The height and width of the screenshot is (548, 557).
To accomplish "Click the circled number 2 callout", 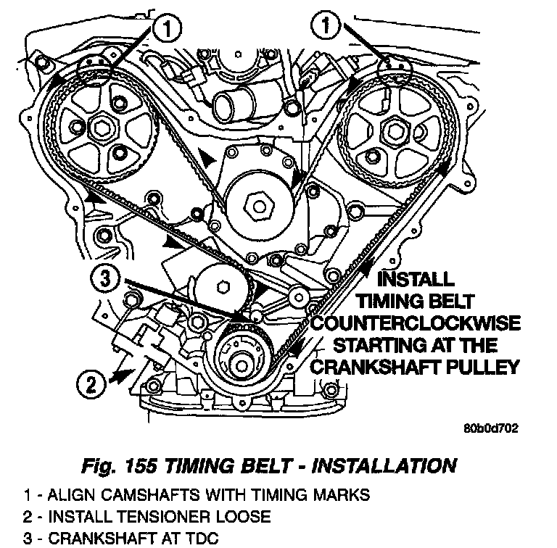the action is click(91, 384).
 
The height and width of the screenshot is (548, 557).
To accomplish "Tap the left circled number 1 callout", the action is click(167, 28).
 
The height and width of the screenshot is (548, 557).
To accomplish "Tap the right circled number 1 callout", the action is click(326, 25).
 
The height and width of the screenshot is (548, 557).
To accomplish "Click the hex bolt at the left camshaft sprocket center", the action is click(103, 128).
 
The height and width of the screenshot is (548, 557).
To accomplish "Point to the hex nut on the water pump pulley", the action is click(260, 206).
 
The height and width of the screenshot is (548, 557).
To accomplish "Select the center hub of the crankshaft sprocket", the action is click(242, 365).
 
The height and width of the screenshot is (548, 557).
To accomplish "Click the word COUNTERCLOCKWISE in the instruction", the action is click(416, 323).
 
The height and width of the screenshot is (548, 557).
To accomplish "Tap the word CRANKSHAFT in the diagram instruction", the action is click(375, 367).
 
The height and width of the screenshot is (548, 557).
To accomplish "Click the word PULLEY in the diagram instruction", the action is click(482, 367).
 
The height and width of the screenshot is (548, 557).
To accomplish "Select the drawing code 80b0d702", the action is click(491, 428).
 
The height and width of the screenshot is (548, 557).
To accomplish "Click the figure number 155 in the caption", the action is click(141, 465).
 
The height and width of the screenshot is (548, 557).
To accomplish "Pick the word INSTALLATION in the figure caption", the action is click(384, 465).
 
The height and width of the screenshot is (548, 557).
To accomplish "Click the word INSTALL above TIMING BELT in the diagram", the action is click(416, 279).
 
